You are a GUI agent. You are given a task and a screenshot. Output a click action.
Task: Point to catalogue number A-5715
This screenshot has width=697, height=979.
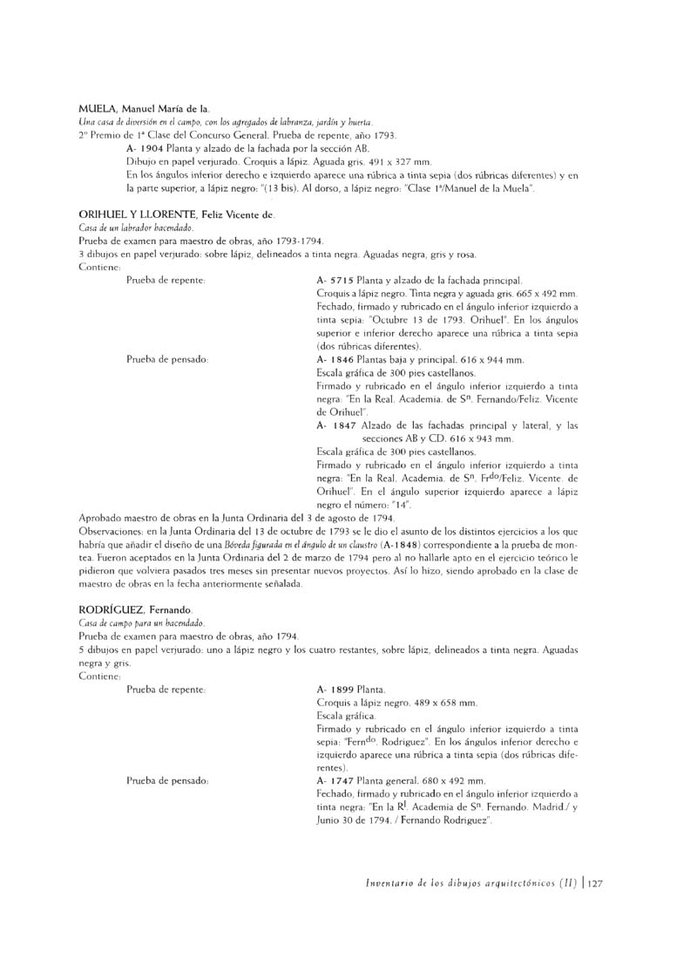coord(335,281)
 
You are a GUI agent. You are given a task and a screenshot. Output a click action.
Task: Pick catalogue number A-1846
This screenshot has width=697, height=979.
coord(335,359)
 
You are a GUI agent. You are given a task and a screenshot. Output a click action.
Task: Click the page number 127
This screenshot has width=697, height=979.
coord(596,883)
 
